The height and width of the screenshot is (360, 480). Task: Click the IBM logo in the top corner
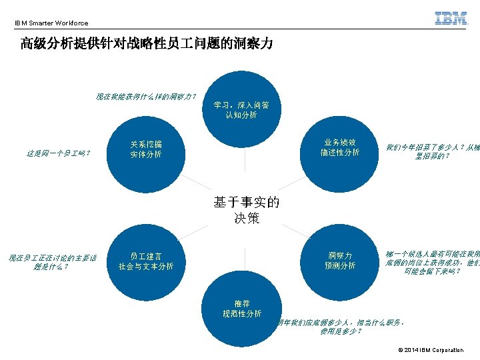451,19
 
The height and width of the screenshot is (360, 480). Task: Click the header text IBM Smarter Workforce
51,23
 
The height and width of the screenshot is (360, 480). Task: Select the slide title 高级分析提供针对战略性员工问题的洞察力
146,45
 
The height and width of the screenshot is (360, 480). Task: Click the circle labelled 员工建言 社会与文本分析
145,261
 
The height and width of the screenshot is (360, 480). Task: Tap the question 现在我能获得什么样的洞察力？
146,97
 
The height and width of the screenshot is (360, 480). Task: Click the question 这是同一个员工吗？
59,153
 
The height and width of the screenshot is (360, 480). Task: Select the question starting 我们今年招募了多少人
432,151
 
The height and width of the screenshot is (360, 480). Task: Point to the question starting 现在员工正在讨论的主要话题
52,262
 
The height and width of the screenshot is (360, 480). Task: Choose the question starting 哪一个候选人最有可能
432,263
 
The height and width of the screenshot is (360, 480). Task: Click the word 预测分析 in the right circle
340,266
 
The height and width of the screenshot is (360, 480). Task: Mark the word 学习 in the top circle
221,105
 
